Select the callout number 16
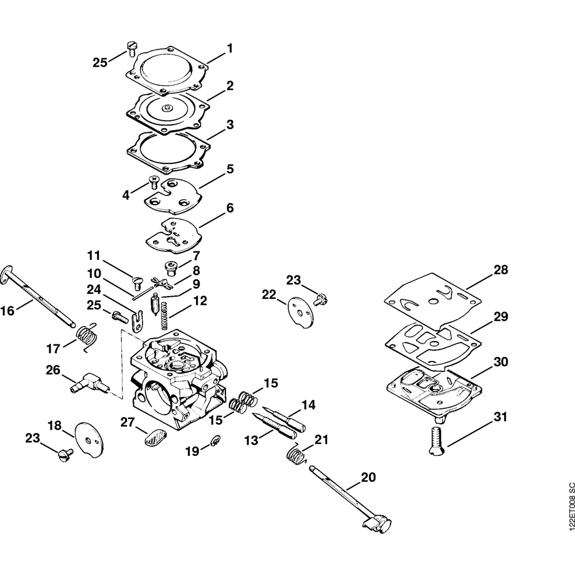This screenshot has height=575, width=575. pos(7,311)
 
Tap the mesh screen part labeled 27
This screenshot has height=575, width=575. pos(154,439)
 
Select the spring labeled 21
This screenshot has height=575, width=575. pos(297,454)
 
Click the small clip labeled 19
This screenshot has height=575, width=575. pos(214,440)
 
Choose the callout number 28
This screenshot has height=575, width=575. pos(500,269)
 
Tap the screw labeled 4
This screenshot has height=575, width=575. pos(154,182)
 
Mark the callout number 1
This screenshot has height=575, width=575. pos(230,48)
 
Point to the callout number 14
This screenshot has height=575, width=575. pos(308,405)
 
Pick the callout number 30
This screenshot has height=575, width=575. pos(500,363)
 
